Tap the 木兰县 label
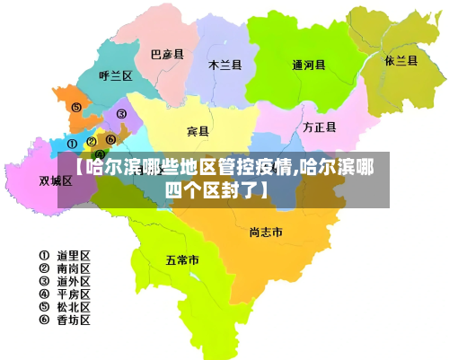click(x=224, y=65)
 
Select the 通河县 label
click(x=309, y=65)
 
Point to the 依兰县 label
click(x=401, y=61)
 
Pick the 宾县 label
click(x=198, y=132)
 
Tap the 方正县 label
click(x=319, y=127)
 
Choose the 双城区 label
click(x=55, y=180)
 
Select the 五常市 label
click(x=182, y=260)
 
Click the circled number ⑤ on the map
click(x=76, y=108)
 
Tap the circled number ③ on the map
click(x=121, y=115)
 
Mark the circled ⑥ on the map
click(x=110, y=139)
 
